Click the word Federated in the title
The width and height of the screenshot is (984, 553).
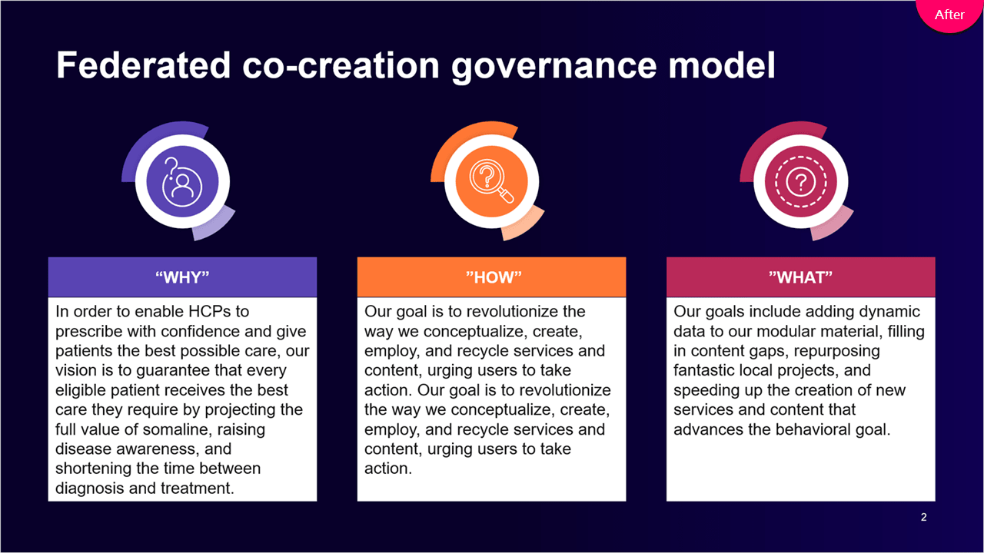[143, 65]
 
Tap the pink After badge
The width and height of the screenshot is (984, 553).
[949, 15]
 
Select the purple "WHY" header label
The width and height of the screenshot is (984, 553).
[182, 277]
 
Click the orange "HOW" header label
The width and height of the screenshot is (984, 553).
[491, 277]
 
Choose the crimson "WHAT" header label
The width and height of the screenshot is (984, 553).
[800, 277]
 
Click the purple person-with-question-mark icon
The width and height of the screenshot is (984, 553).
[182, 182]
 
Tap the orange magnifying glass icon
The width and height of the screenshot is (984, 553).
[491, 182]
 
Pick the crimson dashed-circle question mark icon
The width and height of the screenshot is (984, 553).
[800, 182]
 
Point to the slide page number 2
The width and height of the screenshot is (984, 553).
[923, 517]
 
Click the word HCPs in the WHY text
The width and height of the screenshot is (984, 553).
[210, 312]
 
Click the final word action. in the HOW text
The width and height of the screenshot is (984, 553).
[388, 469]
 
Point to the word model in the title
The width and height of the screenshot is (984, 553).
[722, 65]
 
